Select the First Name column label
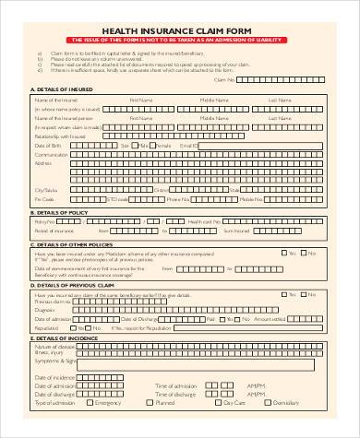(x=140, y=99)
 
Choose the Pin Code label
(x=43, y=198)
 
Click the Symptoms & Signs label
(x=54, y=362)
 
